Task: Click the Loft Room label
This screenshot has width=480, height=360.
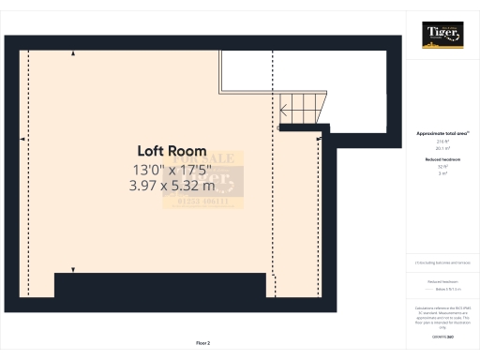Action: pyautogui.click(x=172, y=151)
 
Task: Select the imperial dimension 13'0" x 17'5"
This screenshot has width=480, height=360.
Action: pyautogui.click(x=172, y=170)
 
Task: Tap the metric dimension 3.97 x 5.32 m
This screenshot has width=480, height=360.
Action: pyautogui.click(x=172, y=186)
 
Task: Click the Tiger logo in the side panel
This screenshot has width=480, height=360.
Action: pyautogui.click(x=442, y=35)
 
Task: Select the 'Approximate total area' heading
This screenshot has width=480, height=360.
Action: pyautogui.click(x=442, y=134)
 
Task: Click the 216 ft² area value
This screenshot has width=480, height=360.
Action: pyautogui.click(x=442, y=142)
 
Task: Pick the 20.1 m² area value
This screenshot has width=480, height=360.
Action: pyautogui.click(x=442, y=148)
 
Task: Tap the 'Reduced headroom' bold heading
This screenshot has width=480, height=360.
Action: pyautogui.click(x=442, y=160)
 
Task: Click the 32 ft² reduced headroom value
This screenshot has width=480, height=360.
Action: pyautogui.click(x=442, y=168)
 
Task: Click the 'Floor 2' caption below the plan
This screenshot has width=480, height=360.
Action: pyautogui.click(x=203, y=343)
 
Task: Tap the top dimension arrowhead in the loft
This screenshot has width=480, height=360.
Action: pyautogui.click(x=74, y=54)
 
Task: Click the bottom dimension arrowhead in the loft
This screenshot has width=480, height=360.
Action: pyautogui.click(x=74, y=270)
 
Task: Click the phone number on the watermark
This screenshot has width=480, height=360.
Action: pyautogui.click(x=202, y=202)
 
